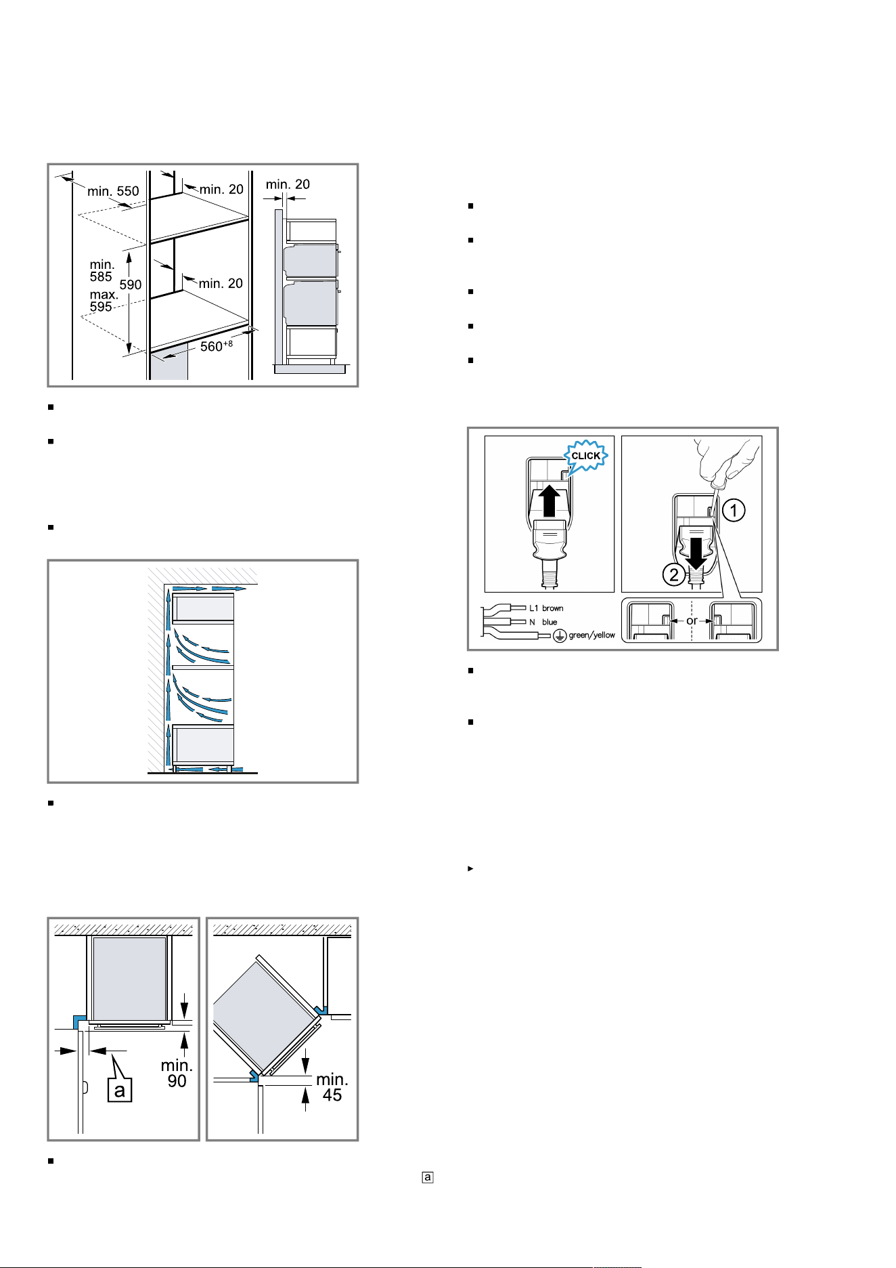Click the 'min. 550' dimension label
[x=113, y=191]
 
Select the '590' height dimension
[x=131, y=285]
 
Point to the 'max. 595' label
[x=102, y=301]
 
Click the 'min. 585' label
[x=102, y=270]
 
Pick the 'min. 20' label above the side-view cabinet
[x=288, y=184]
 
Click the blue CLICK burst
[x=585, y=456]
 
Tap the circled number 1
[x=734, y=510]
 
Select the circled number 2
[x=674, y=576]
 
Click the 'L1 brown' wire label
[x=546, y=608]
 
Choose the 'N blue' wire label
[x=543, y=622]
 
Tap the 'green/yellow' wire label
[x=592, y=635]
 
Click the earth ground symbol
[x=560, y=636]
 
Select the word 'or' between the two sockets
[x=692, y=620]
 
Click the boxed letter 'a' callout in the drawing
[x=120, y=1090]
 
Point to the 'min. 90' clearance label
[x=177, y=1074]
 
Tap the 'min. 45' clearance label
[x=332, y=1086]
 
